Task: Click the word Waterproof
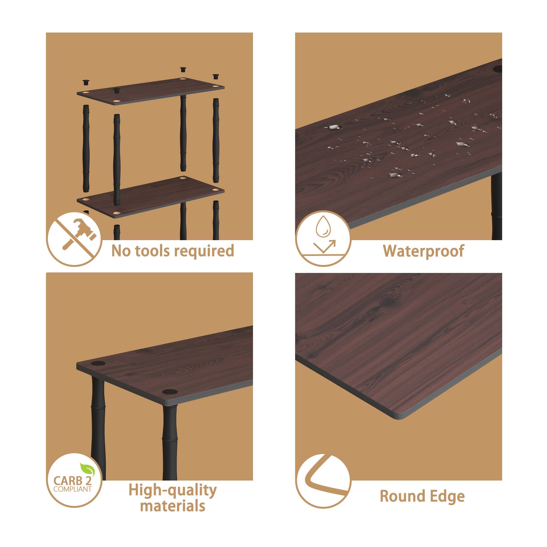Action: click(423, 251)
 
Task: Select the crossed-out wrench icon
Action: click(74, 239)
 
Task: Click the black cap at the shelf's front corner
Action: click(170, 392)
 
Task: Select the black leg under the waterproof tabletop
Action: click(497, 207)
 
